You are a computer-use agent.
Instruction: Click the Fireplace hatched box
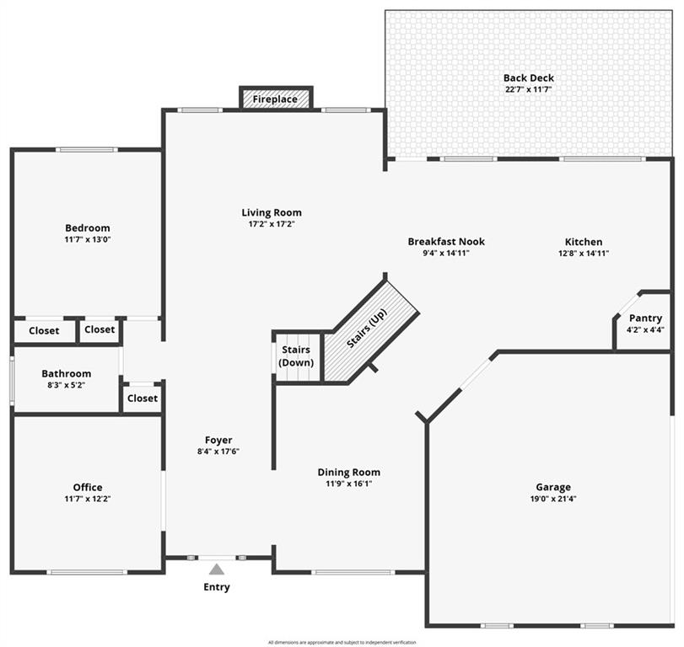point(276,99)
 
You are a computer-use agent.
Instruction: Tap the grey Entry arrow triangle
point(217,569)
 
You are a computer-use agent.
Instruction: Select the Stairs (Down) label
point(296,356)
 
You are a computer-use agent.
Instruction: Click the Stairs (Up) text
point(367,328)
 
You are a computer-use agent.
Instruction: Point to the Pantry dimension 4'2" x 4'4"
point(645,329)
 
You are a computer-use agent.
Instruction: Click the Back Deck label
point(529,78)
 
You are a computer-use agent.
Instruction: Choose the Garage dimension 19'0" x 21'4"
point(553,499)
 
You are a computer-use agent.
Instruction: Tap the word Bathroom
point(67,373)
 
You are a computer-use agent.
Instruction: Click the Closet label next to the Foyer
point(143,398)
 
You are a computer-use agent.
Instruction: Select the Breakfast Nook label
point(446,242)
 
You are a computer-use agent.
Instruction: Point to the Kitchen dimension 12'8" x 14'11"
point(584,253)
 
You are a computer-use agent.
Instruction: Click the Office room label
point(88,487)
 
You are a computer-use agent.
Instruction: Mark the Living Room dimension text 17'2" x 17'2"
point(272,224)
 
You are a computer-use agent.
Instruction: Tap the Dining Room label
point(349,473)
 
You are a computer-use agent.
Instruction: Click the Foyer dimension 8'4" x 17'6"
point(218,452)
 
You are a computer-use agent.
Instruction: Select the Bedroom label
point(88,227)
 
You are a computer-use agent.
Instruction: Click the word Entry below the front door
point(217,587)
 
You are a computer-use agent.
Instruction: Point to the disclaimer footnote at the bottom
point(342,642)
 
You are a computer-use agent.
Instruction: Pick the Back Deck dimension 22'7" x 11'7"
point(529,89)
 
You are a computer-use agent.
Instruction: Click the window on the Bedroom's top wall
point(87,150)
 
